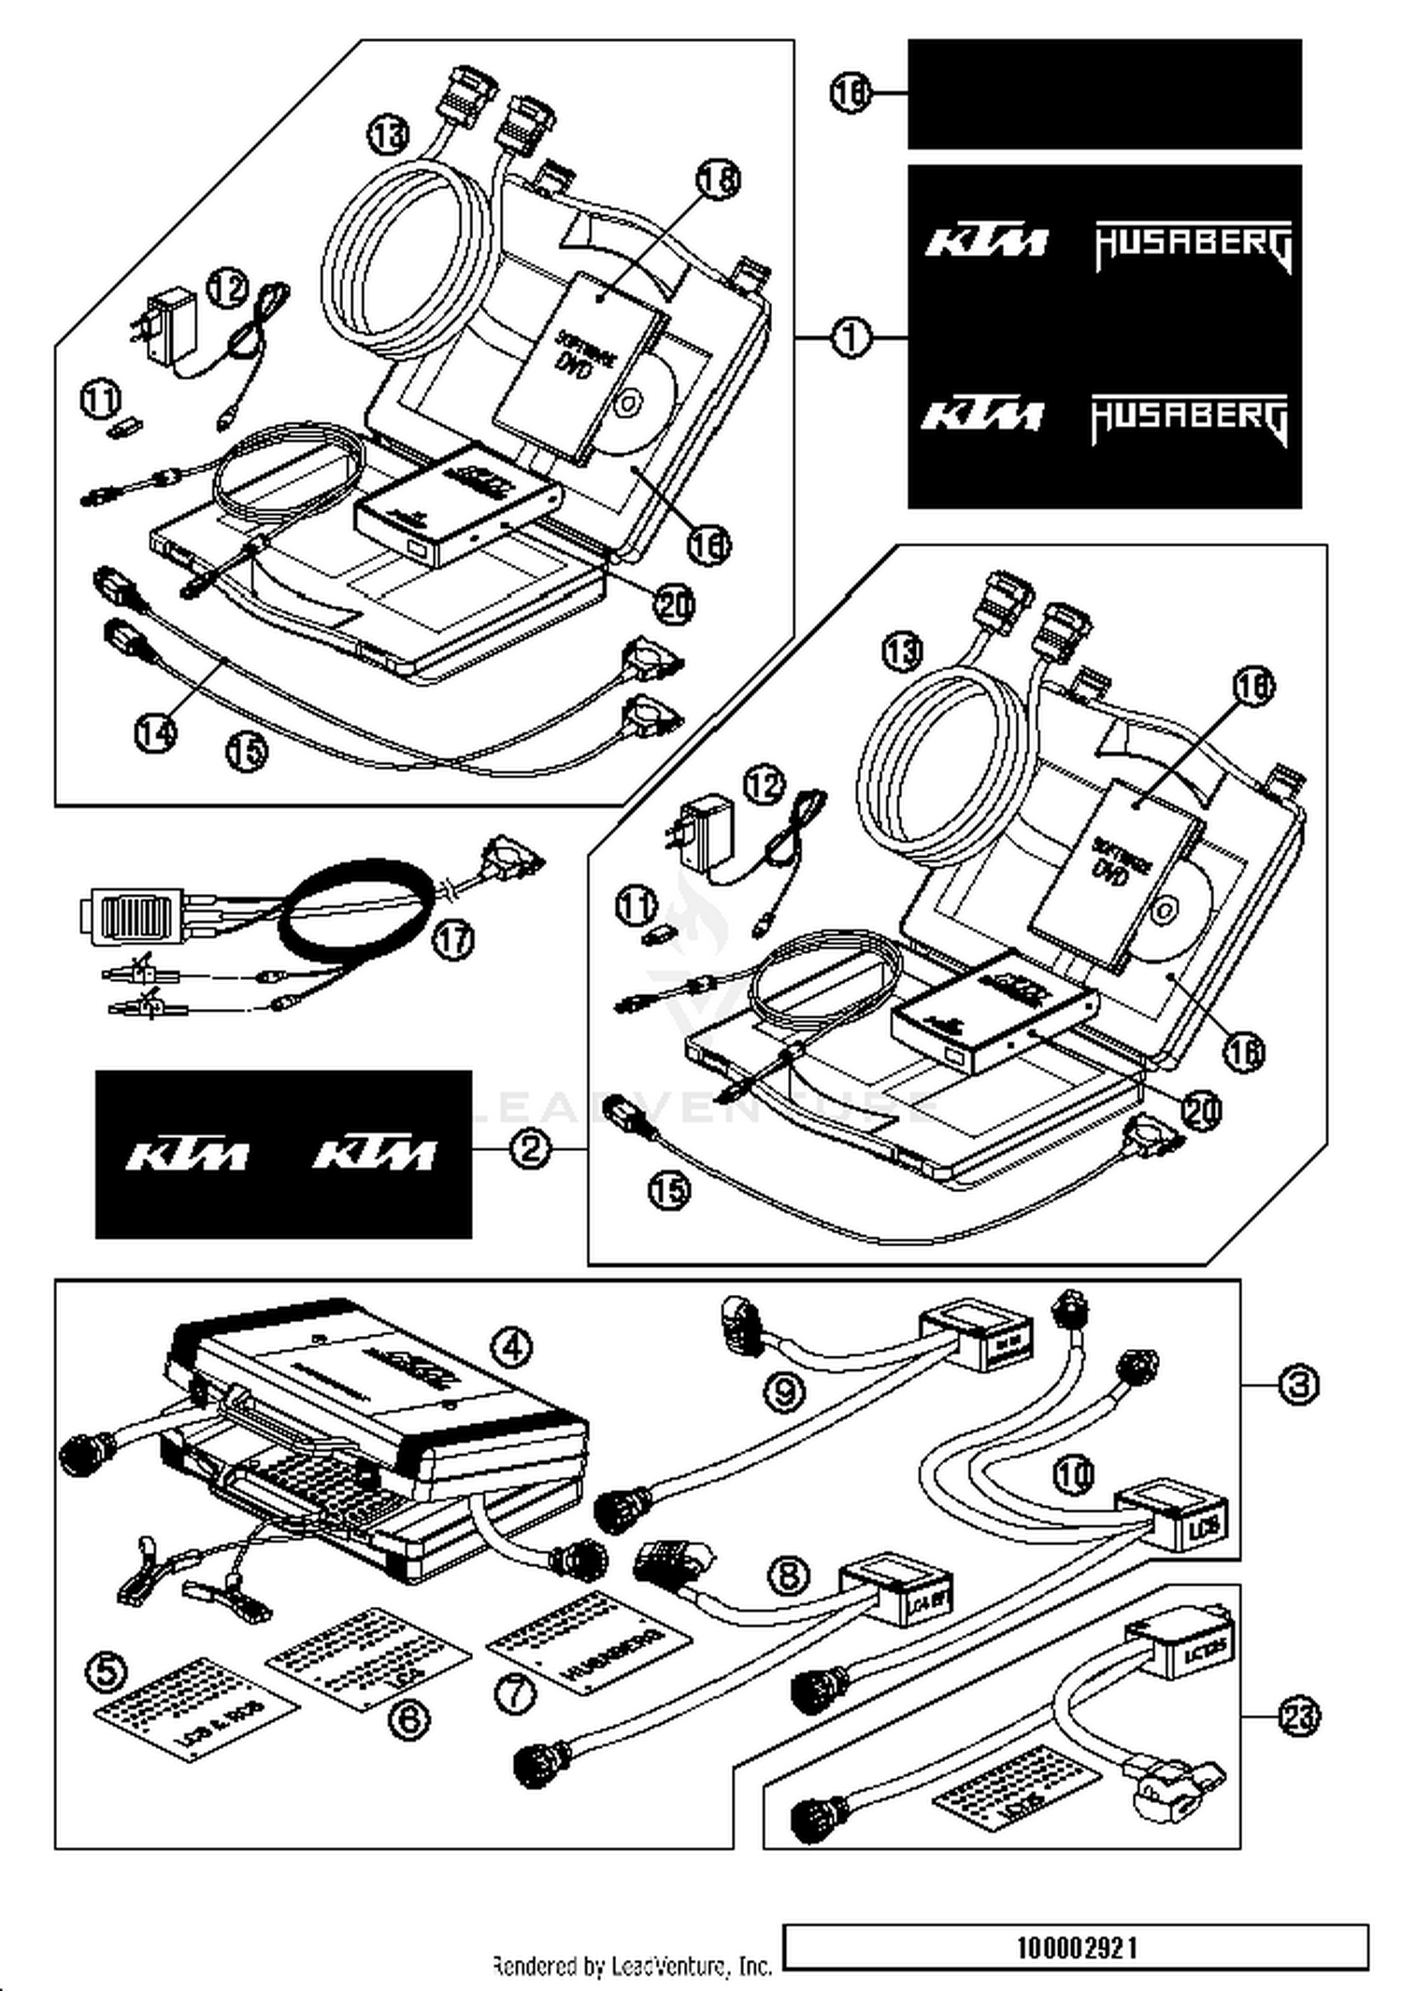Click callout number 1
coord(851,337)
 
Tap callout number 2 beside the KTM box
coord(530,1147)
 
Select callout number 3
coord(1298,1384)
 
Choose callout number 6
coord(408,1717)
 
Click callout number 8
coord(788,1575)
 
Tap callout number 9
coord(783,1393)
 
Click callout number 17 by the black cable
coord(453,939)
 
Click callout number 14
coord(155,732)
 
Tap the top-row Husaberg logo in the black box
coord(1194,246)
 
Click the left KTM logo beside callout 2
coord(187,1155)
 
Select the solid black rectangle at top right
coord(1104,93)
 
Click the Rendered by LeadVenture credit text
coord(633,1966)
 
